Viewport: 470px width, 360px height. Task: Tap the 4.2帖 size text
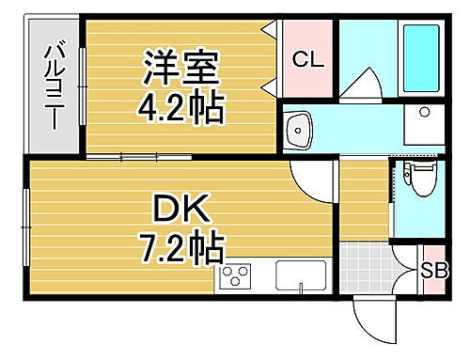tap(182, 111)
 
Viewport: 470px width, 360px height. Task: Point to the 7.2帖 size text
tap(182, 249)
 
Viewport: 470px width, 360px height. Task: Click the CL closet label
tap(307, 60)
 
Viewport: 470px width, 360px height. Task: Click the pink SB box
tap(432, 272)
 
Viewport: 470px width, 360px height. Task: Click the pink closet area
tap(307, 59)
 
